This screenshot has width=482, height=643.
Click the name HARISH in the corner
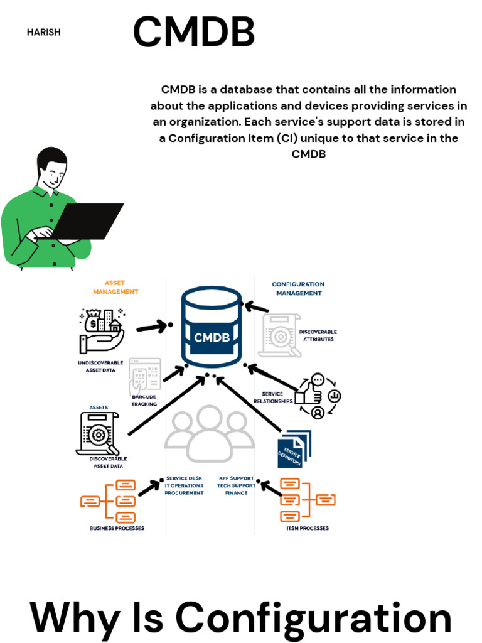pyautogui.click(x=43, y=32)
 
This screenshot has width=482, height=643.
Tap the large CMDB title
pyautogui.click(x=193, y=32)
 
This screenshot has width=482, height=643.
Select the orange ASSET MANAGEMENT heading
pyautogui.click(x=115, y=288)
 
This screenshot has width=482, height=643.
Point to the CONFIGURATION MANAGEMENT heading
pyautogui.click(x=297, y=288)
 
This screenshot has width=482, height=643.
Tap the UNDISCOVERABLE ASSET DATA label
pyautogui.click(x=100, y=367)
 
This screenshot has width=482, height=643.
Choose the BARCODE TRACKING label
pyautogui.click(x=144, y=401)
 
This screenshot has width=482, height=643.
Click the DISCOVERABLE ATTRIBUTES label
pyautogui.click(x=318, y=335)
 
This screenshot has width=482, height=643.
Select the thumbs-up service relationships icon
pyautogui.click(x=317, y=396)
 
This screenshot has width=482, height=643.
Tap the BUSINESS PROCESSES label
pyautogui.click(x=117, y=528)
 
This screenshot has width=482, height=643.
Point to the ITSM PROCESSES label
pyautogui.click(x=307, y=528)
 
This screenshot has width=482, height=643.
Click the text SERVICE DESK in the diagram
pyautogui.click(x=184, y=478)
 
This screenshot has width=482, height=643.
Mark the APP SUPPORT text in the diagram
pyautogui.click(x=237, y=478)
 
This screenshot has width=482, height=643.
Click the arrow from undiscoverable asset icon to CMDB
pyautogui.click(x=153, y=327)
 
